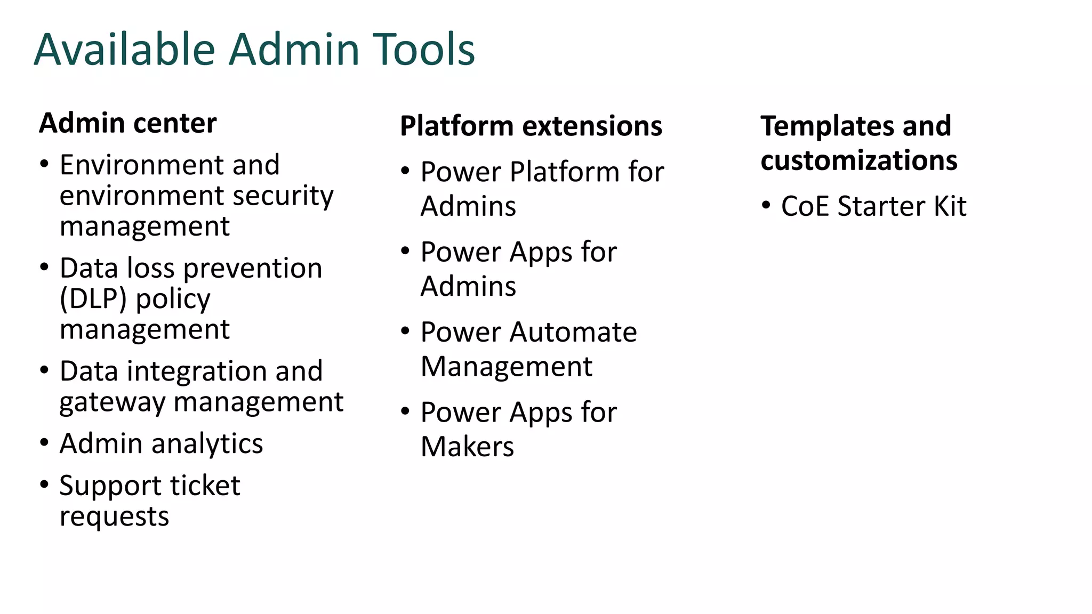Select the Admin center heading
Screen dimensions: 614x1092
128,123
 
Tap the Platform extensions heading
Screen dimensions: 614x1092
531,126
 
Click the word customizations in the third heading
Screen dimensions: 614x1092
858,160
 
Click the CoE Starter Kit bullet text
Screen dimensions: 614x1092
873,206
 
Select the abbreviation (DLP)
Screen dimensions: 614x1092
93,299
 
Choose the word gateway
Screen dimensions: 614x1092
113,402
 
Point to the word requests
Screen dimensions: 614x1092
114,516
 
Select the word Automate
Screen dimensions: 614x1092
573,332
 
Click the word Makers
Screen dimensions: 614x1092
467,447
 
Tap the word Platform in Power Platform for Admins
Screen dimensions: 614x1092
564,172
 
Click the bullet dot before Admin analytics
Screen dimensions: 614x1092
44,442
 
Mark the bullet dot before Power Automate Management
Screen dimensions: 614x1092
405,331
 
